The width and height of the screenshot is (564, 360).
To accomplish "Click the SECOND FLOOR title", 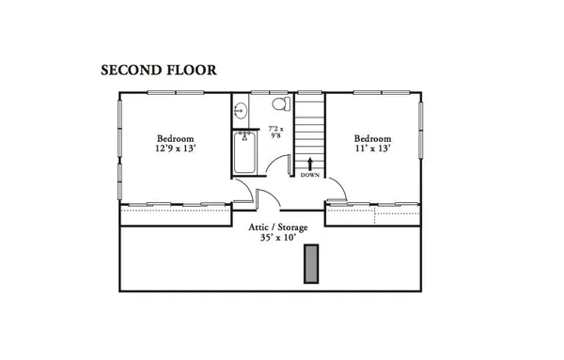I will coord(159,70).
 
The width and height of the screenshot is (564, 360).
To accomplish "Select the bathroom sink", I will coord(240,110).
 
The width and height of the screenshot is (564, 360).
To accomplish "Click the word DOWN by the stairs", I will coord(310,176).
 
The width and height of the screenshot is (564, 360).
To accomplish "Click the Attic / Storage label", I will coord(278,227).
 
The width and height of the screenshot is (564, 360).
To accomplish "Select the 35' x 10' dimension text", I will coord(278,239).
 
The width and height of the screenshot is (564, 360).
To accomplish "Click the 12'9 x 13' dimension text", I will coord(176,149).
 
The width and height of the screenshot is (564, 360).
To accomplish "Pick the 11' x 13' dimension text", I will coord(372,149).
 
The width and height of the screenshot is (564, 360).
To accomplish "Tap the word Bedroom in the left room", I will coord(176,137).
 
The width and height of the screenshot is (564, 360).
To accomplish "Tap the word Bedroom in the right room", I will coord(372,137).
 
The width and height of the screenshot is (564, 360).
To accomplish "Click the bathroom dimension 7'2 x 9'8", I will coord(276,132).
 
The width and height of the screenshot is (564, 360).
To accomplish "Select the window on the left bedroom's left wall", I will coord(119,142).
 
